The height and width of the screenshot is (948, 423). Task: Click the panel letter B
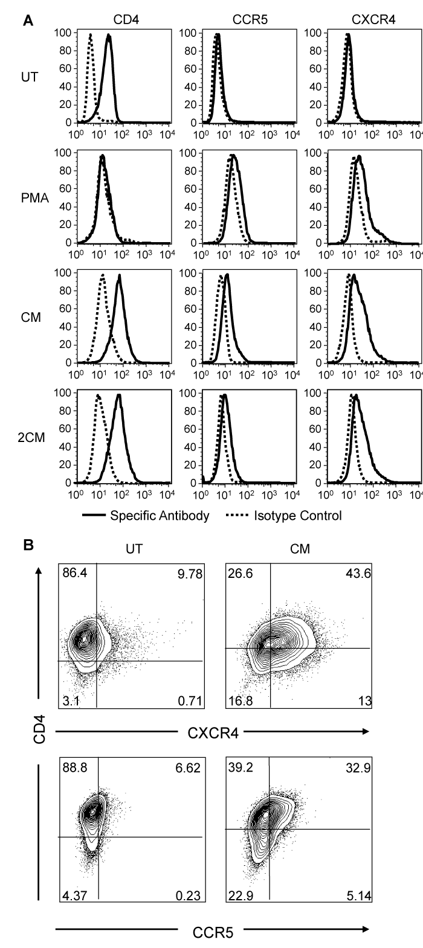click(x=27, y=545)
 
